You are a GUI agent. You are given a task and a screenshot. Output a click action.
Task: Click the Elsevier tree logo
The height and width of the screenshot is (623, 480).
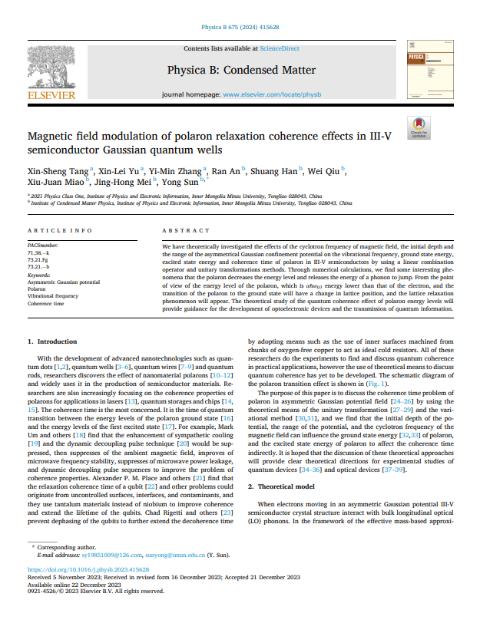tap(51, 70)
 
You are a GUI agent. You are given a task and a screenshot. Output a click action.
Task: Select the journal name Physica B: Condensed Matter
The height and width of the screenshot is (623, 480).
tap(241, 71)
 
